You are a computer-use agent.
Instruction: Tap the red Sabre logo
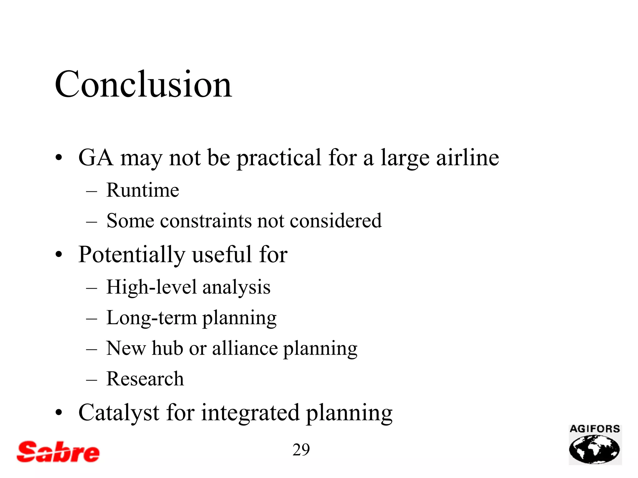58,452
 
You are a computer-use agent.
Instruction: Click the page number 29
301,450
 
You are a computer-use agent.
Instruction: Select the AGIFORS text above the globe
595,429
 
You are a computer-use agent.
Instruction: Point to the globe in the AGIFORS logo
594,449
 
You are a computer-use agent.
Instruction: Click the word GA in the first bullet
96,158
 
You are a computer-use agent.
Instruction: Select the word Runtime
143,190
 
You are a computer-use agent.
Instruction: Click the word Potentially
132,255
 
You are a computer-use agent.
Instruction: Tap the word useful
221,255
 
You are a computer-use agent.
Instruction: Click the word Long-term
151,318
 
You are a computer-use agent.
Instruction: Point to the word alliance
245,348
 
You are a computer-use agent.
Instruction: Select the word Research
145,379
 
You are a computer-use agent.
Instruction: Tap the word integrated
250,413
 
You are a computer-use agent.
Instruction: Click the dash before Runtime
92,191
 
